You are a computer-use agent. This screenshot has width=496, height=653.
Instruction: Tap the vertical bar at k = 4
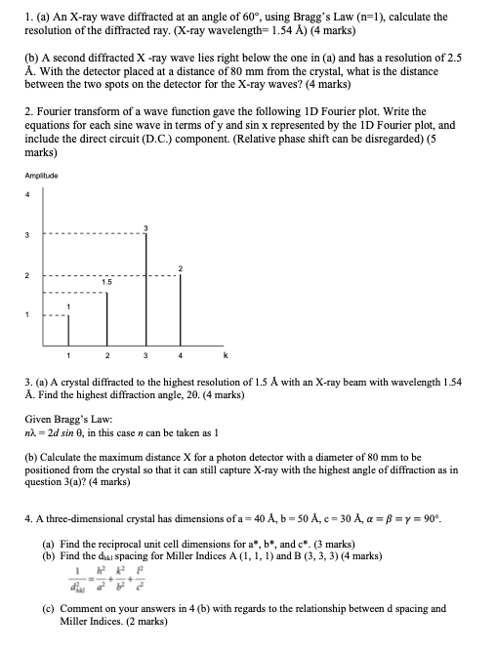coord(180,307)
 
